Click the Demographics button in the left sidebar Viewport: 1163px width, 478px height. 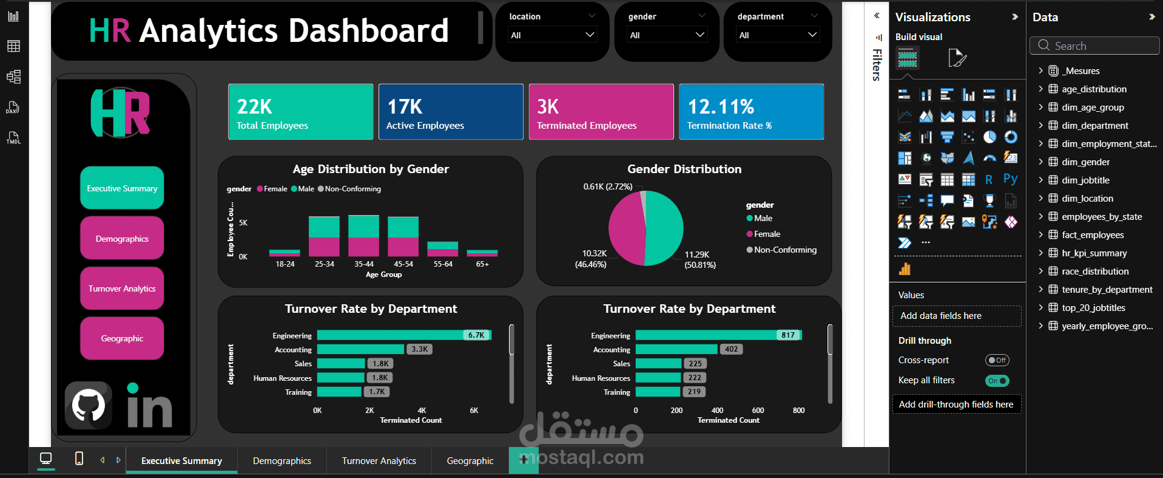[x=122, y=239]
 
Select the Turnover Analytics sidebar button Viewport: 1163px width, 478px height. [x=122, y=289]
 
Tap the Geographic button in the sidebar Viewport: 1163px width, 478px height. [x=122, y=338]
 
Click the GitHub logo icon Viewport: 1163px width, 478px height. [x=89, y=405]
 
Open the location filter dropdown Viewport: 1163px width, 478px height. [x=551, y=35]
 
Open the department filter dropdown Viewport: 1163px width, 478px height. [x=778, y=35]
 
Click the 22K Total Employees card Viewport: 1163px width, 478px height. [x=300, y=112]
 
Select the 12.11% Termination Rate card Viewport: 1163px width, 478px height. [x=751, y=112]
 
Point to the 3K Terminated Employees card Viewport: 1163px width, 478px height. [x=601, y=112]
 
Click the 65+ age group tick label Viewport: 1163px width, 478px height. [x=482, y=264]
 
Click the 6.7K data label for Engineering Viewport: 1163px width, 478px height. [x=476, y=335]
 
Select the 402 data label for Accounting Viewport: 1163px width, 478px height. [x=732, y=349]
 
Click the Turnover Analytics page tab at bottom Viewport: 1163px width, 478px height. [x=379, y=461]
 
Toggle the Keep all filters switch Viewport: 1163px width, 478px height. [x=997, y=381]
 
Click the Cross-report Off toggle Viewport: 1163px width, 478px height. [x=997, y=360]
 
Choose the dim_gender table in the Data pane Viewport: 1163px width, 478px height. [x=1085, y=162]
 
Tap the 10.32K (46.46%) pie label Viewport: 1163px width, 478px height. [x=592, y=259]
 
